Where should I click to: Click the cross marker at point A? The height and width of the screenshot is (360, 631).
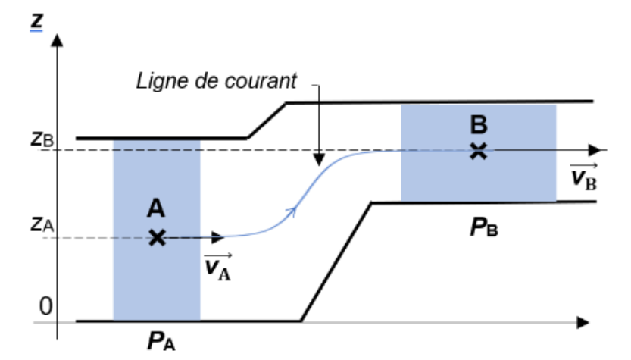tap(156, 238)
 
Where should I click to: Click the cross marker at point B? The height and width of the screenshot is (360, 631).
tap(478, 150)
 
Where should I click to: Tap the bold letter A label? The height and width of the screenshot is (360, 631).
tap(156, 209)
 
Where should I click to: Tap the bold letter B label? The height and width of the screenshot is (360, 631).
tap(478, 123)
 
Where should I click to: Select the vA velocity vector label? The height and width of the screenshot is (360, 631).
tap(217, 266)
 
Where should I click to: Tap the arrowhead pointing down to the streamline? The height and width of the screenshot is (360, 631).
tap(319, 160)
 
